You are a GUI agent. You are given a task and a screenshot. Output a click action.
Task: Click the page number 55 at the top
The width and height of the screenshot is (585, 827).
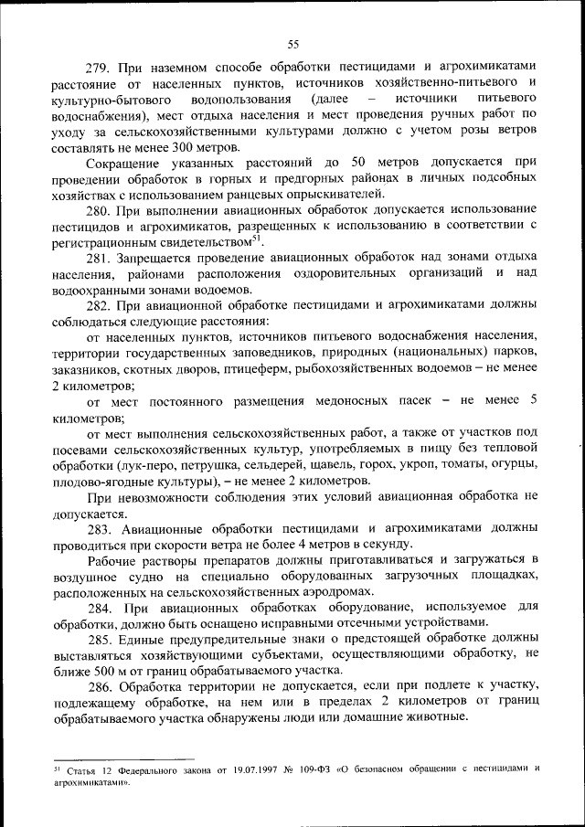coord(292,44)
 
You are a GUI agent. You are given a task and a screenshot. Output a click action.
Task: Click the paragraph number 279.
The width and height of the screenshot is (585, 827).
coord(98,68)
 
